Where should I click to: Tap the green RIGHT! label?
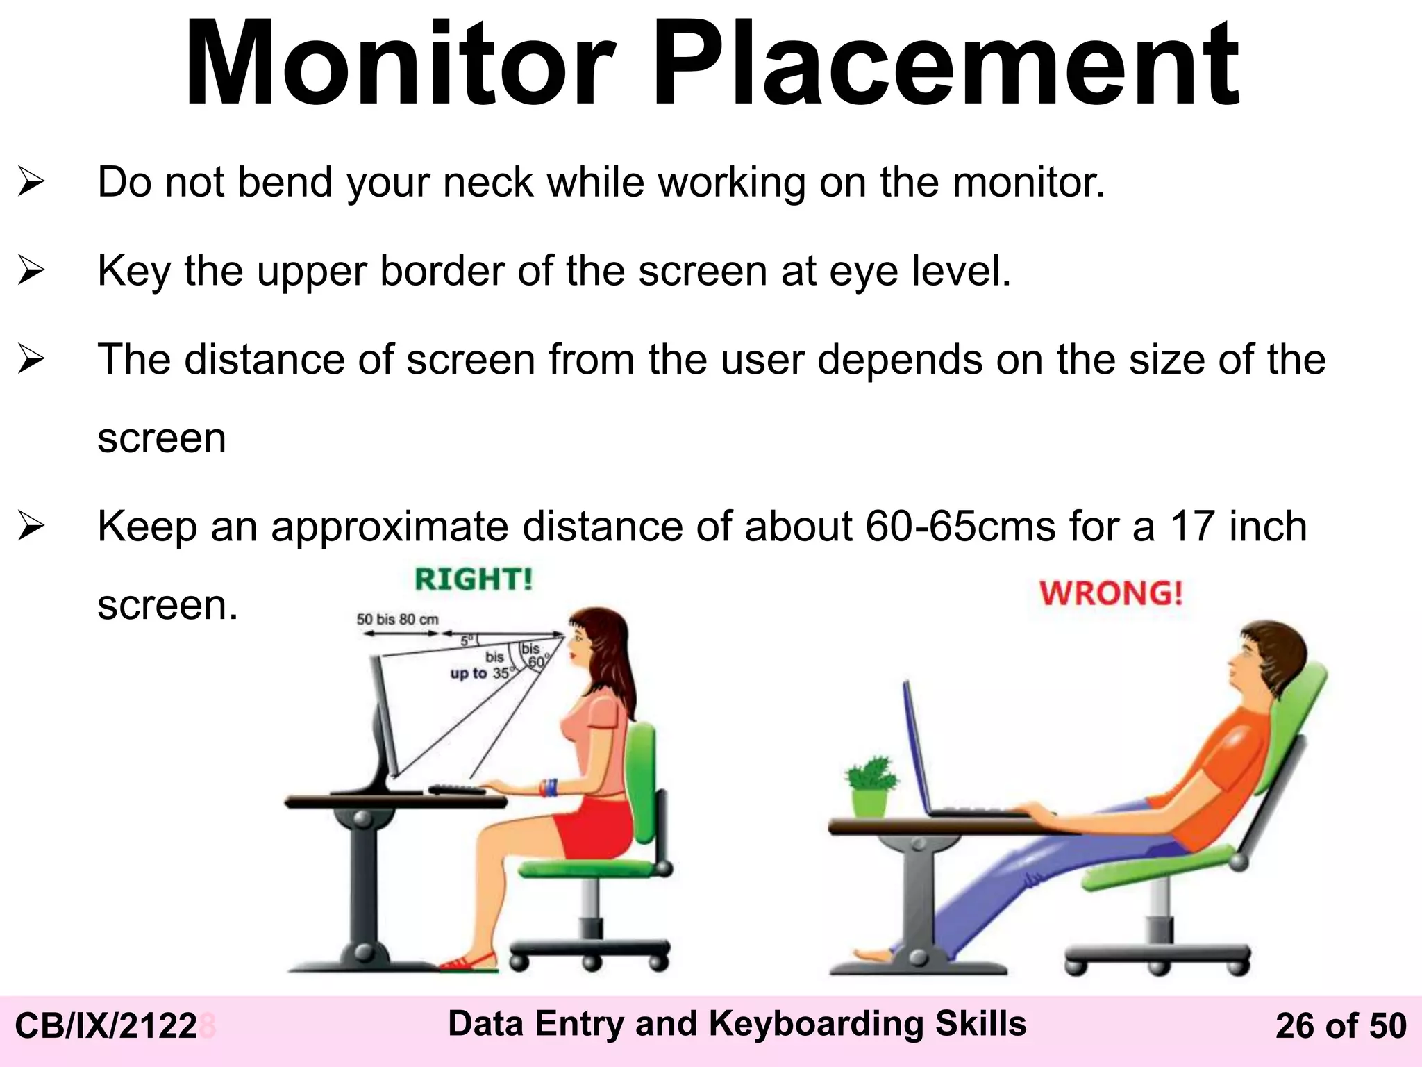click(474, 579)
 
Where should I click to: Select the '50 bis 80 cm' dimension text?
click(397, 619)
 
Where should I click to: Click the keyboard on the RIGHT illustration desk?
click(456, 790)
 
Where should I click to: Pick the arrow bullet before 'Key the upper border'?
click(31, 271)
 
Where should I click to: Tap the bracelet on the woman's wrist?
click(550, 788)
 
